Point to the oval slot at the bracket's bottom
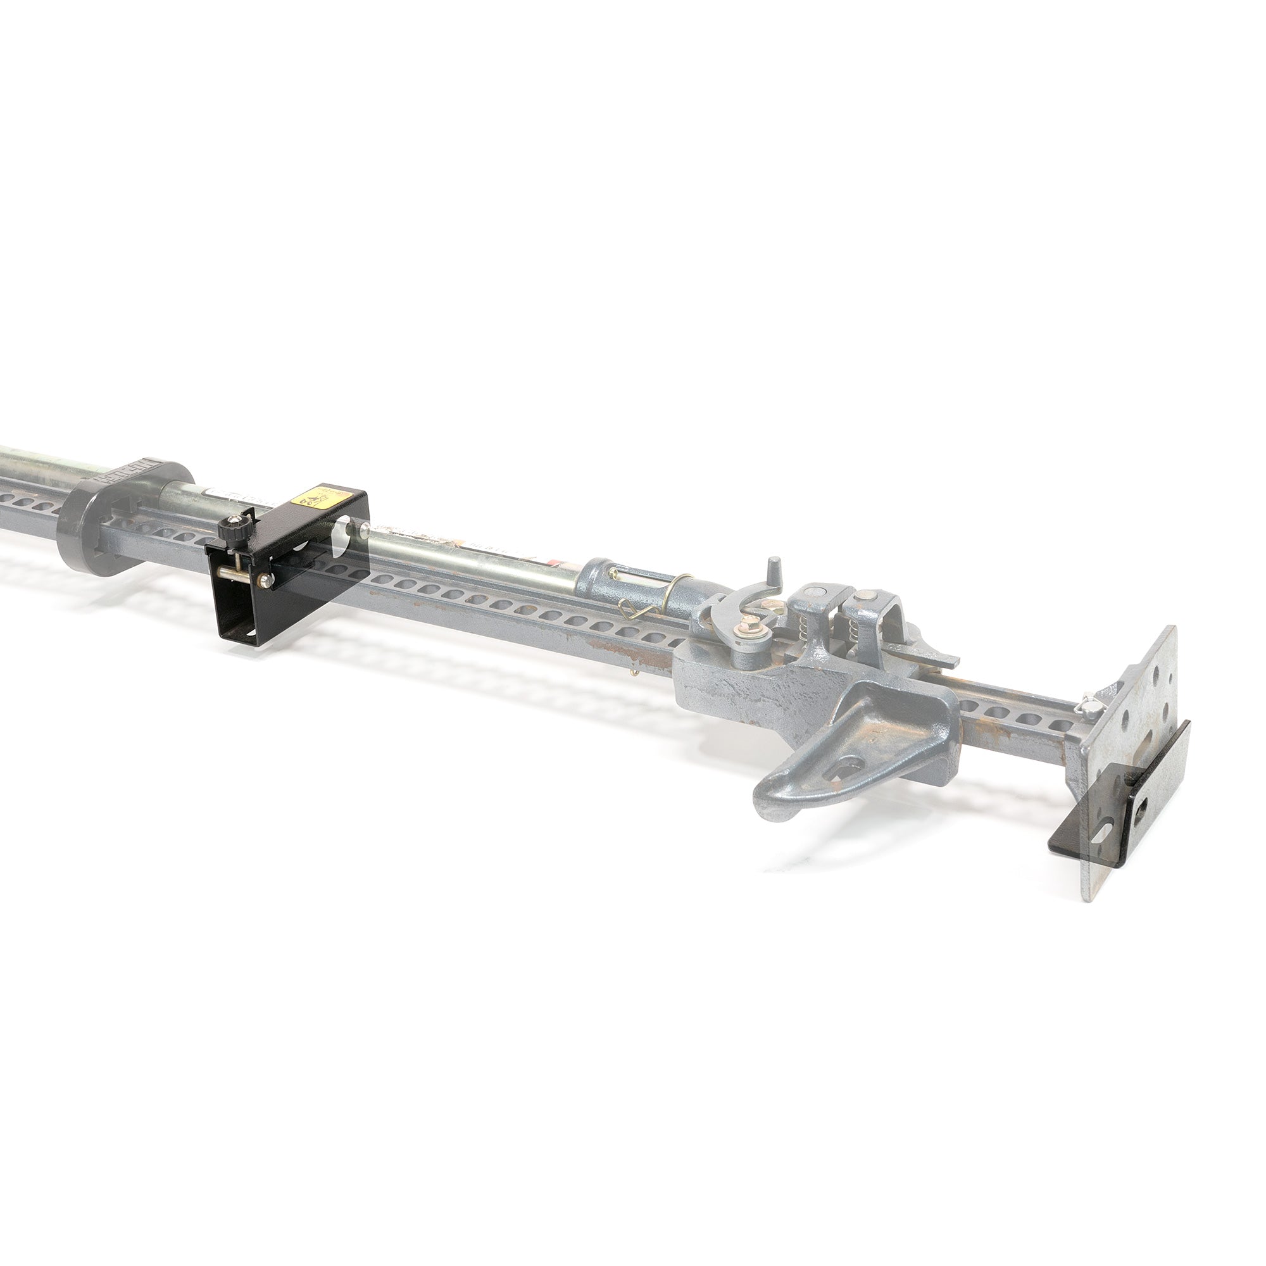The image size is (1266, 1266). click(x=249, y=634)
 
